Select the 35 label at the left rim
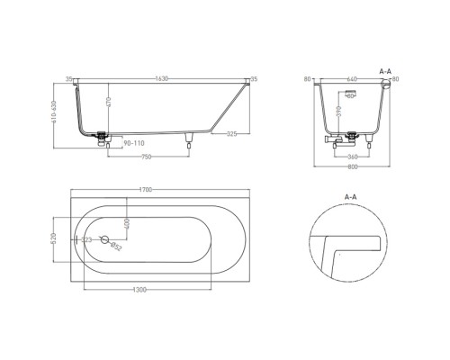(x=71, y=78)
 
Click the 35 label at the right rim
(x=255, y=78)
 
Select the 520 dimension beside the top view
(x=56, y=240)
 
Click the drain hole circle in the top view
(x=106, y=240)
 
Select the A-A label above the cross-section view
(x=385, y=68)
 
